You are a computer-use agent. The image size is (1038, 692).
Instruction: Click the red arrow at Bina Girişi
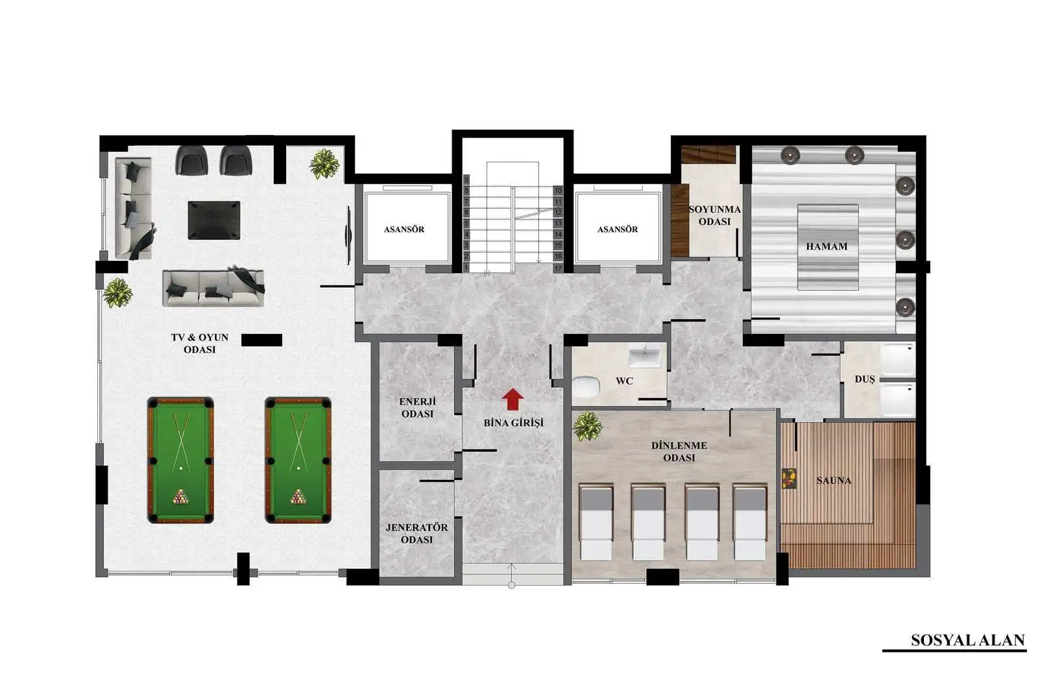coord(513,400)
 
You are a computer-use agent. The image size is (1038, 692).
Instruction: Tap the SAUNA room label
coord(834,481)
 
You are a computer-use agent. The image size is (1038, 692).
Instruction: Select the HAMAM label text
coord(827,246)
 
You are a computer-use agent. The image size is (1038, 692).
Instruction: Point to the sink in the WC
coord(645,355)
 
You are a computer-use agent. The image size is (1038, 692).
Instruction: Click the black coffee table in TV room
coord(214,220)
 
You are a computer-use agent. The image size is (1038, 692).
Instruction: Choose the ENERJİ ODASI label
coord(417,407)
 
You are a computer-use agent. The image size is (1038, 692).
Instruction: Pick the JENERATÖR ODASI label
coord(416,534)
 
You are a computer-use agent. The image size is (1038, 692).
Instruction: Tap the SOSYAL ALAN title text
coord(967,640)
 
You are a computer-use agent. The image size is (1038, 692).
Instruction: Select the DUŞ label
coord(865,379)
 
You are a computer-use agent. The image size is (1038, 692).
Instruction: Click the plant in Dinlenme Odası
coord(587,426)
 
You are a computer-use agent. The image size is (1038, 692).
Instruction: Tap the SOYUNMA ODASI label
coord(714,215)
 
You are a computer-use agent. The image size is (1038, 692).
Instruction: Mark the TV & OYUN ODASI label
coord(200,343)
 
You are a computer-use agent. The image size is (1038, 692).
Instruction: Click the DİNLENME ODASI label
coord(679,451)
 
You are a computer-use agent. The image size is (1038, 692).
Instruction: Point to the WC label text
coord(624,381)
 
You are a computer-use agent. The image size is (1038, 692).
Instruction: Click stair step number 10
coord(558,191)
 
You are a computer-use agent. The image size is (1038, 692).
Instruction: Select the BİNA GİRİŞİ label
coord(513,423)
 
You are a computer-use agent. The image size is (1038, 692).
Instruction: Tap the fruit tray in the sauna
coord(789,479)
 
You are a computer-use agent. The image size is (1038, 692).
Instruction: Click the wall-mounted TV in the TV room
coord(348,235)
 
